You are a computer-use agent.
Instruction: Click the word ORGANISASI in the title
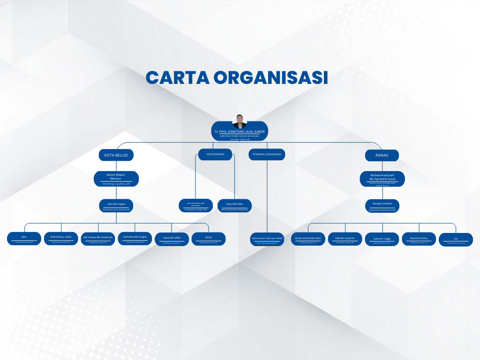pos(271,77)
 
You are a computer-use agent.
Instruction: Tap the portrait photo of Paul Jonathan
pos(240,121)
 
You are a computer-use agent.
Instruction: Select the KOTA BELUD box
pos(116,155)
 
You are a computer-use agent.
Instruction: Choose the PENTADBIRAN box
pos(215,154)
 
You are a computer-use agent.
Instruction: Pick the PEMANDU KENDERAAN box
pos(267,154)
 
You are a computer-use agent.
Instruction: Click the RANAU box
pos(382,155)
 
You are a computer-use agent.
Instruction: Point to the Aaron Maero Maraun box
pos(116,179)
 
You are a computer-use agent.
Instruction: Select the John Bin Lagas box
pos(116,206)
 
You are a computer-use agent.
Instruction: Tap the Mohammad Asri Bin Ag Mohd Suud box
pos(382,179)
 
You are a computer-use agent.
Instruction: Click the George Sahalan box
pos(382,206)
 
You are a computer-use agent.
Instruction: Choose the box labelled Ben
pos(24,239)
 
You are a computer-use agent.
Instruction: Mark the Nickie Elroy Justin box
pos(61,239)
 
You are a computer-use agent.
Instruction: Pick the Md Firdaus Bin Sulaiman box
pos(97,239)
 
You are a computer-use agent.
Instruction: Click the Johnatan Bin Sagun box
pos(135,239)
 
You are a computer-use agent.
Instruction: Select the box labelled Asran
pos(209,239)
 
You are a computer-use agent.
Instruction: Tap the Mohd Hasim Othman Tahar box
pos(267,240)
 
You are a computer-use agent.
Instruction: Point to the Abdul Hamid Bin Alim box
pos(308,239)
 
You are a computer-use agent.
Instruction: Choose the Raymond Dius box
pos(419,239)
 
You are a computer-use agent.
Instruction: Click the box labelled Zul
pos(456,240)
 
